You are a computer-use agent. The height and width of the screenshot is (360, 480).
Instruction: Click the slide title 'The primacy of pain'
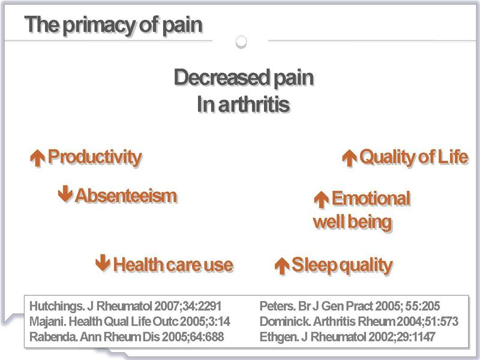(x=113, y=26)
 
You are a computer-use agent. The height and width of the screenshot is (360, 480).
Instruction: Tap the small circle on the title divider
(x=241, y=41)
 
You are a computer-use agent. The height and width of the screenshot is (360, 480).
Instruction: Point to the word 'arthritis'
(x=254, y=104)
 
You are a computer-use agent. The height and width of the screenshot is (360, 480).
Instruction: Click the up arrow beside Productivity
(x=38, y=158)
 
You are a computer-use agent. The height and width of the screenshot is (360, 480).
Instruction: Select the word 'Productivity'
(x=95, y=157)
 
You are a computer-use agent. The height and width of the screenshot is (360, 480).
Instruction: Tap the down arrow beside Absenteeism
(x=65, y=194)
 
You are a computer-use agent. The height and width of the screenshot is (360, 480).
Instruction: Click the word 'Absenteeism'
(x=126, y=196)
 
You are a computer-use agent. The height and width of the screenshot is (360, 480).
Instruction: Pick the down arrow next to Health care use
(x=103, y=263)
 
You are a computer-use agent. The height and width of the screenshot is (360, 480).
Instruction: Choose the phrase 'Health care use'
(x=173, y=265)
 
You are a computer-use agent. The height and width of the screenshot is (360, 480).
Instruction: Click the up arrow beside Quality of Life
(x=350, y=158)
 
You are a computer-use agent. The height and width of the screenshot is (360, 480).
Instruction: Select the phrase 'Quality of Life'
(x=414, y=157)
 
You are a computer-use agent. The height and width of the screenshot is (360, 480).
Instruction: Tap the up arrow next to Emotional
(x=322, y=200)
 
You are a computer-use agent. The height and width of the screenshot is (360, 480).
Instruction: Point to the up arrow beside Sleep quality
(x=282, y=266)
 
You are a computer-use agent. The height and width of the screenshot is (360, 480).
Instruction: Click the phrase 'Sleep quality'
(x=342, y=265)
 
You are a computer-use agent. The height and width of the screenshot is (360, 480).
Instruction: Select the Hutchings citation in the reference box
(x=125, y=306)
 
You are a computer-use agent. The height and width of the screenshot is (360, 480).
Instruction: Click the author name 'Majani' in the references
(x=47, y=322)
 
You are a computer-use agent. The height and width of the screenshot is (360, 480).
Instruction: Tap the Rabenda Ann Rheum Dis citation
(x=127, y=337)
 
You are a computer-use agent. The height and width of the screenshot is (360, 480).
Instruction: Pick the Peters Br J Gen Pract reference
(x=350, y=306)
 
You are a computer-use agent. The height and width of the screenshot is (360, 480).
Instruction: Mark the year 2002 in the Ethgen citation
(x=382, y=337)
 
